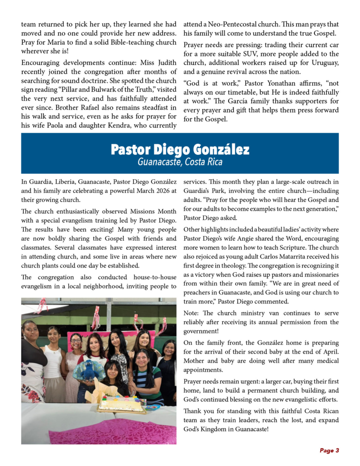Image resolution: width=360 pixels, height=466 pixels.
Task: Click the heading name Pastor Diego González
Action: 180,149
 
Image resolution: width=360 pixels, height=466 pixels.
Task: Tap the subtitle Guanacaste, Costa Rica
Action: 180,162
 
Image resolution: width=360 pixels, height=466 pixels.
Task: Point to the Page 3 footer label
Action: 329,451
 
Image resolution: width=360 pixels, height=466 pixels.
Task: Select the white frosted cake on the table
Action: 121,402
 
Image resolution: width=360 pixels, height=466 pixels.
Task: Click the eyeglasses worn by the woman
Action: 76,340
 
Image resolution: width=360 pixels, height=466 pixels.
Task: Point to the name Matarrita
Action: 284,257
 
